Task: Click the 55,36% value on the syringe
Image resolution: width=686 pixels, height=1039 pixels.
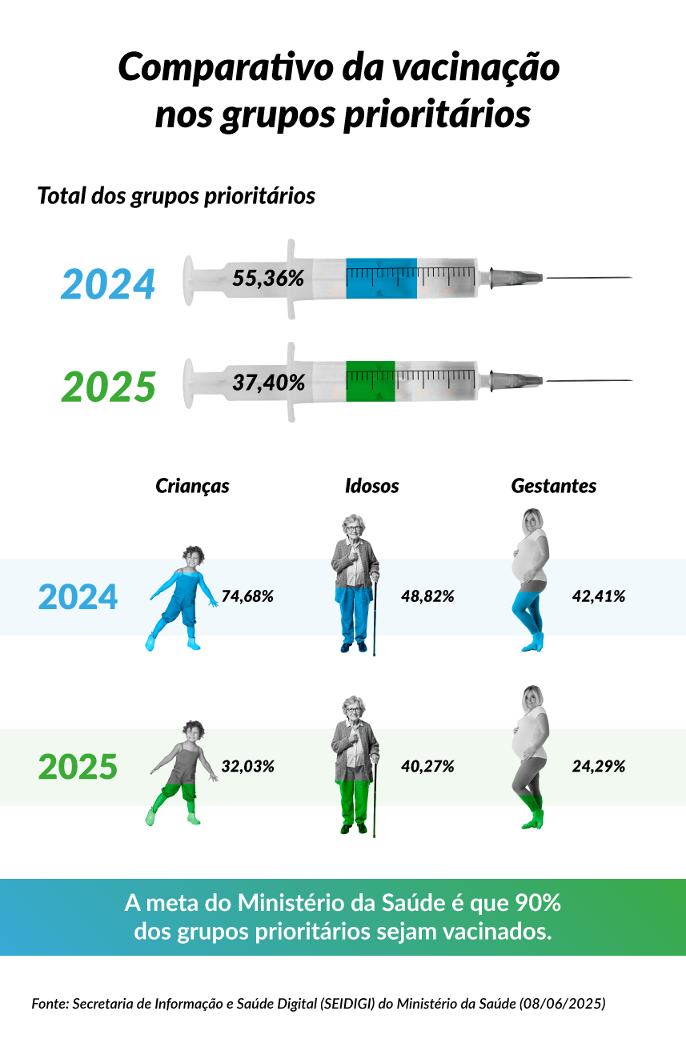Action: tap(268, 279)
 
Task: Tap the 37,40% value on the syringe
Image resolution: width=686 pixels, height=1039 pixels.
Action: tap(268, 383)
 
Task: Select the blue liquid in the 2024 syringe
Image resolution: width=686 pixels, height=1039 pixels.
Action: tap(381, 278)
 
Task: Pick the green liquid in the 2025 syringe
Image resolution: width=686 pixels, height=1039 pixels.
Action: tap(371, 382)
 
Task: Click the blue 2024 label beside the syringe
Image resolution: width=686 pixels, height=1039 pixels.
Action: tap(108, 285)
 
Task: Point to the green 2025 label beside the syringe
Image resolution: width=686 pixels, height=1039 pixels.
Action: tap(108, 388)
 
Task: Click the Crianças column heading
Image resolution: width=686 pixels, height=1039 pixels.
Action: tap(192, 486)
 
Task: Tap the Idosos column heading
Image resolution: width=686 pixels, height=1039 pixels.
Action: tap(371, 486)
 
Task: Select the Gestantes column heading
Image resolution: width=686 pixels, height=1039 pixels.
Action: tap(554, 486)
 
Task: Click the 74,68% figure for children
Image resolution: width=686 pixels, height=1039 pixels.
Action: tap(248, 596)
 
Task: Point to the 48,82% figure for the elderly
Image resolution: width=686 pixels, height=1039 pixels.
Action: tap(427, 596)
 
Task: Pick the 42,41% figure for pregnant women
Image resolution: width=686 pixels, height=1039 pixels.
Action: tap(599, 596)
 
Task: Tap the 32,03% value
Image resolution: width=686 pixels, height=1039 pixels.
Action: tap(248, 766)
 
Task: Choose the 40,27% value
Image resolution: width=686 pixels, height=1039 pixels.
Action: tap(427, 766)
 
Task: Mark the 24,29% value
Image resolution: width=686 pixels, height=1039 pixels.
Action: tap(599, 766)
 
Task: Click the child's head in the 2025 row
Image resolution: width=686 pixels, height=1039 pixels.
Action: tap(193, 731)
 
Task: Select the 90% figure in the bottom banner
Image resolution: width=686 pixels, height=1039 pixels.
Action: tap(541, 903)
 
